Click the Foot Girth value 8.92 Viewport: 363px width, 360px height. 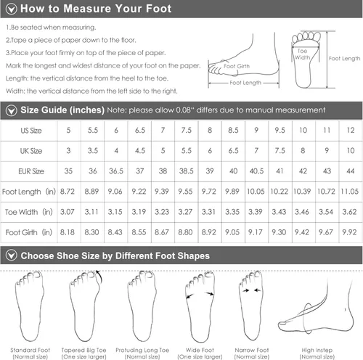[208, 232]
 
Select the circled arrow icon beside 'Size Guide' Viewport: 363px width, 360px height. [10, 110]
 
